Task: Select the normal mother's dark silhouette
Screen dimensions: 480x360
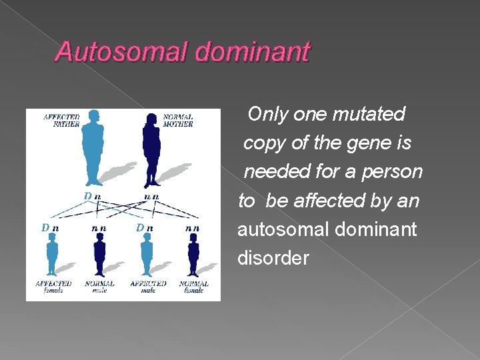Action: pyautogui.click(x=151, y=149)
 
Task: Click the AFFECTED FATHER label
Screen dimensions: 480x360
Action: pyautogui.click(x=61, y=121)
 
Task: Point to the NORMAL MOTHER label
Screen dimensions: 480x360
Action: pyautogui.click(x=178, y=121)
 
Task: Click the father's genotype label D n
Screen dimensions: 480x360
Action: pyautogui.click(x=93, y=197)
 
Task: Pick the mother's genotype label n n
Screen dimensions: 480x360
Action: pyautogui.click(x=151, y=197)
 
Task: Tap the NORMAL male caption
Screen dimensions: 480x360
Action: pyautogui.click(x=100, y=287)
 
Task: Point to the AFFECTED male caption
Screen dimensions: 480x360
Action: pyautogui.click(x=147, y=287)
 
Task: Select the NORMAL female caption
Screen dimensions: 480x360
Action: pyautogui.click(x=193, y=287)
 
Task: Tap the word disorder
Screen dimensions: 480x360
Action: pyautogui.click(x=273, y=258)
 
